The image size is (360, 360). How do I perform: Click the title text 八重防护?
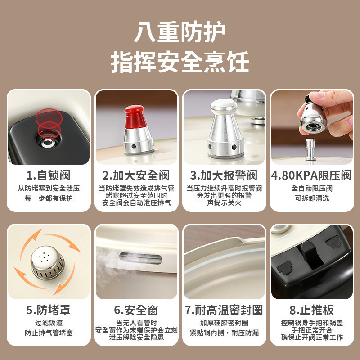click(x=180, y=33)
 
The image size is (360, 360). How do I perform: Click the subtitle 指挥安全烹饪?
click(x=180, y=62)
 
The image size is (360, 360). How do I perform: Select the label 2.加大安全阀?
click(x=136, y=175)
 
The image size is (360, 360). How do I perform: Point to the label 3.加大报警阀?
click(x=224, y=175)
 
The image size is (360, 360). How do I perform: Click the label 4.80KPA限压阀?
click(x=311, y=175)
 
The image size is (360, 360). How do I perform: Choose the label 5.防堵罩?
click(x=48, y=310)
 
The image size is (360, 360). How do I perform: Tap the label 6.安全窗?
click(x=136, y=310)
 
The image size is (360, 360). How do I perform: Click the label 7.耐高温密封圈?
click(x=224, y=310)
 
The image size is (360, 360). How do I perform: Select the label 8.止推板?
click(x=312, y=310)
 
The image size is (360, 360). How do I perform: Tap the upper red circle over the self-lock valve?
click(x=48, y=116)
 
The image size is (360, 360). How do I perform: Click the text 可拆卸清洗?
click(x=311, y=198)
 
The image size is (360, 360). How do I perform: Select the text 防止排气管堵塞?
click(x=48, y=333)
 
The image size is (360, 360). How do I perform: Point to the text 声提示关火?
click(x=224, y=203)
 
